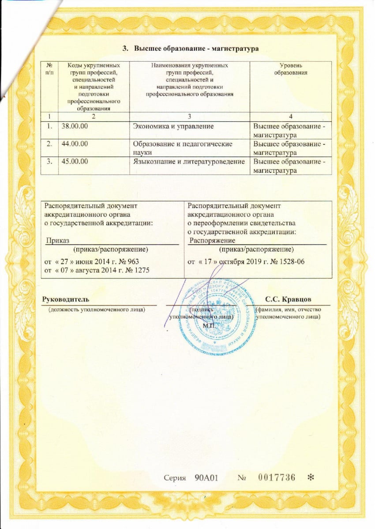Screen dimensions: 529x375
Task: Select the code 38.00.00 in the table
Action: (75, 127)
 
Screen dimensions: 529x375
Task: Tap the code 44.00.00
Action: (75, 144)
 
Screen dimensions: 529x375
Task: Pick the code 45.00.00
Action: (75, 161)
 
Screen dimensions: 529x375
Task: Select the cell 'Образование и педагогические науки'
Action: (183, 148)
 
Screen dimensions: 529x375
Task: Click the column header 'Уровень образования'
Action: (290, 69)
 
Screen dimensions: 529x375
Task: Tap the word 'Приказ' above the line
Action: (56, 240)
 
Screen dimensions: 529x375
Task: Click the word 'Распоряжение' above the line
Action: (211, 240)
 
